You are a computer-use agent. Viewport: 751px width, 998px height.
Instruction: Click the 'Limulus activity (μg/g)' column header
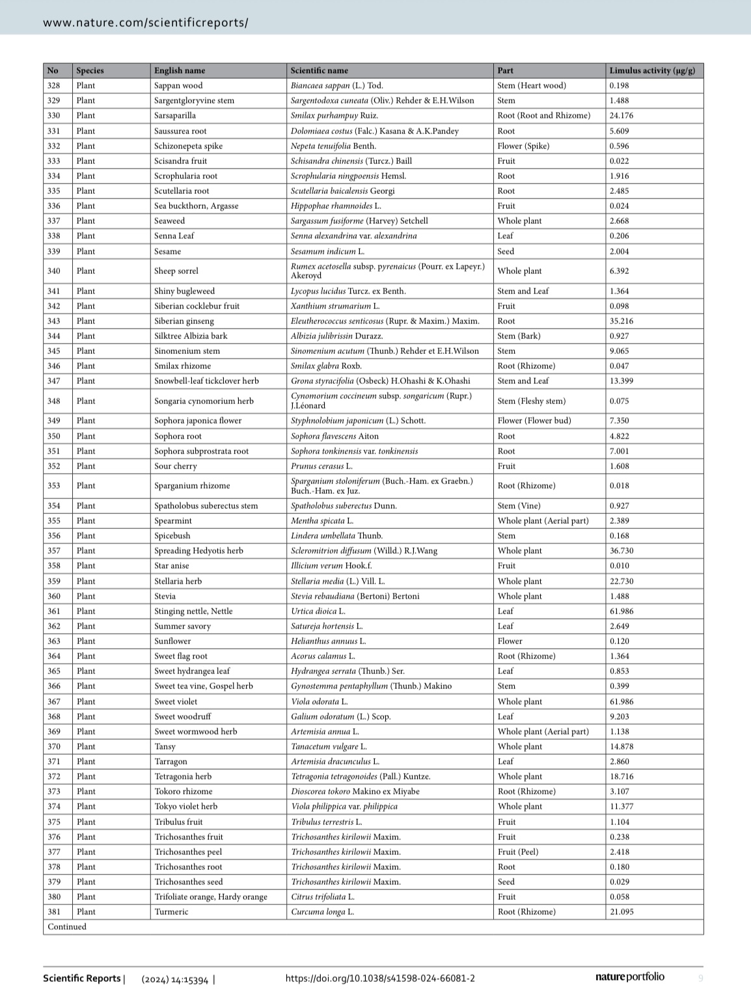651,70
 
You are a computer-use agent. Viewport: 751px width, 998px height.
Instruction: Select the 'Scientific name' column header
319,70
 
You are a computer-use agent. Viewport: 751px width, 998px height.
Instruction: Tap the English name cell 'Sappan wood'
178,85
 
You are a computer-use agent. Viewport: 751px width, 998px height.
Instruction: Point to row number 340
53,271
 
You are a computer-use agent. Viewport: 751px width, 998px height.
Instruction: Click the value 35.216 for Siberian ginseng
621,321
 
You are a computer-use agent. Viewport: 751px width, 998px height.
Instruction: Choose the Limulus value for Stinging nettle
621,611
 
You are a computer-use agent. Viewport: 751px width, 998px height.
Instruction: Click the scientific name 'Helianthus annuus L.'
328,641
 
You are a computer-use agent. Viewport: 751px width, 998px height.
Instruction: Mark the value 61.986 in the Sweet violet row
621,701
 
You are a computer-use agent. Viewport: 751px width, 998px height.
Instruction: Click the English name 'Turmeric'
171,911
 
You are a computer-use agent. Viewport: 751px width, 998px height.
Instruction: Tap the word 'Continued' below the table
66,926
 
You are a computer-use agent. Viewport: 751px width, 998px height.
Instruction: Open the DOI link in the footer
380,978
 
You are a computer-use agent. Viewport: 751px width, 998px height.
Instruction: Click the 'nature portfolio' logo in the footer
629,977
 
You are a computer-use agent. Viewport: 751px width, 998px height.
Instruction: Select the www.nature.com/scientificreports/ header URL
145,22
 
